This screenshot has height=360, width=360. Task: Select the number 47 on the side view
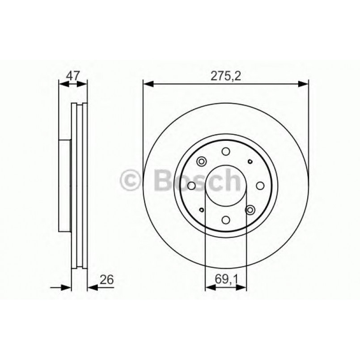coord(73,76)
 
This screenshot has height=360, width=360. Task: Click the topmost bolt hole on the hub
coord(225,151)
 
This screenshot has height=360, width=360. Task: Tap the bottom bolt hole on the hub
coord(225,219)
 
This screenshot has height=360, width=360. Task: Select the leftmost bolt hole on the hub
coord(191,185)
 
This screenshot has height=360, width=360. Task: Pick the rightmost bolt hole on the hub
coord(259,185)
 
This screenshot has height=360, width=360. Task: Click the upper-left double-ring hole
coord(201,161)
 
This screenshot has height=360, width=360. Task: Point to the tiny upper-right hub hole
coord(249,161)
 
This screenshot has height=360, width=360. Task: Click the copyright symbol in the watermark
coord(131,180)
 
